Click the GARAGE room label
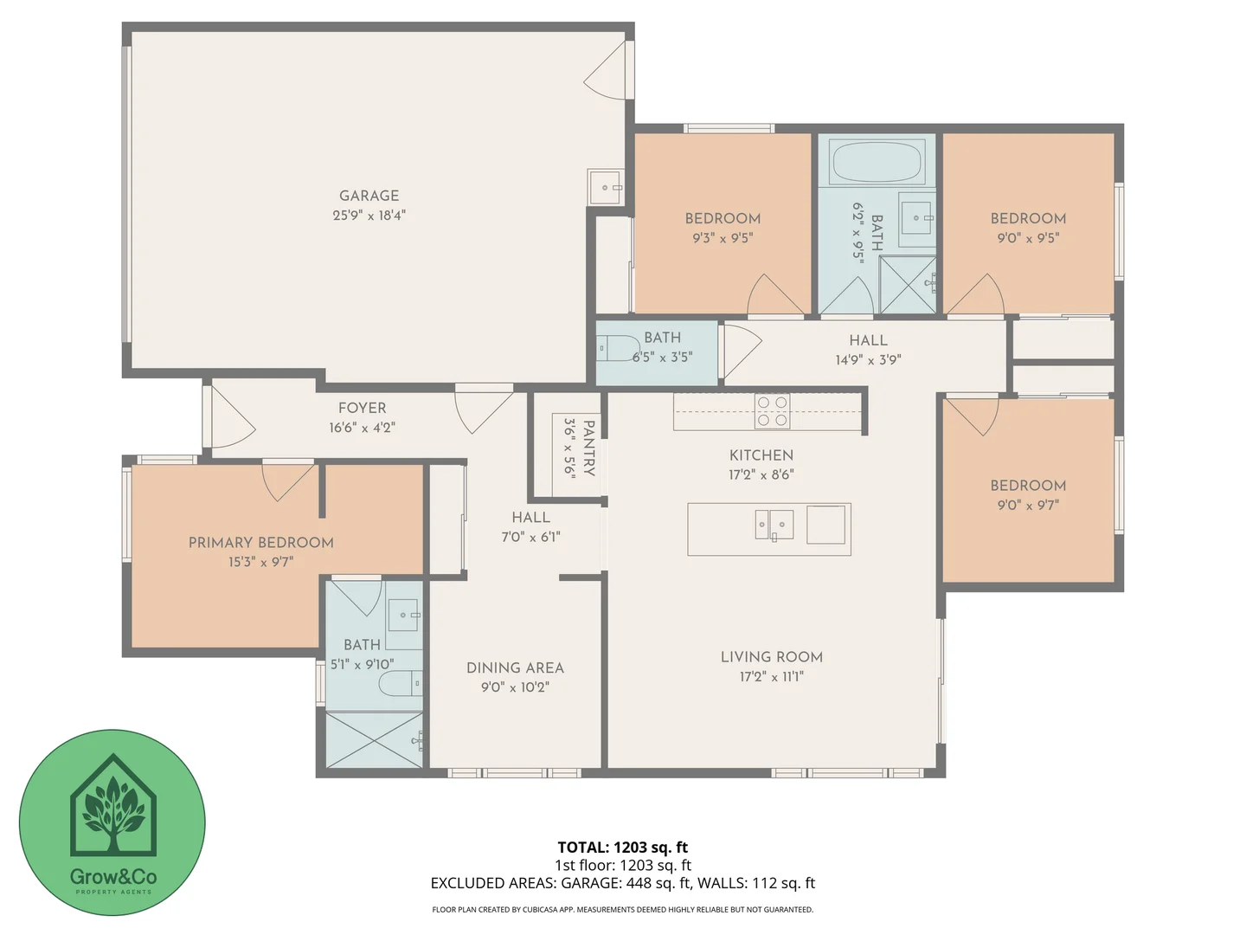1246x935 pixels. [369, 196]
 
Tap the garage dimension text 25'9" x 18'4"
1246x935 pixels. [369, 215]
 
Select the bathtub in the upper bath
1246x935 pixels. [877, 162]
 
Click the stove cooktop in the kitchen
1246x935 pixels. [772, 411]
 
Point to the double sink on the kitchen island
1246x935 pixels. [774, 525]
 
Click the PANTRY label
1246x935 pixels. [588, 448]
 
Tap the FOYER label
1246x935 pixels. [362, 408]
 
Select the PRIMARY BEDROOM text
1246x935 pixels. [260, 543]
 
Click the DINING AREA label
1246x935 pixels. [515, 667]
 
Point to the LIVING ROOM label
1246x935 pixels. [771, 657]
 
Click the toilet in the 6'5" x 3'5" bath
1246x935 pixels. [616, 348]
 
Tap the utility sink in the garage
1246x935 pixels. [605, 187]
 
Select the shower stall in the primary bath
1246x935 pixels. [375, 740]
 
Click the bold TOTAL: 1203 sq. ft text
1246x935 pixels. [622, 848]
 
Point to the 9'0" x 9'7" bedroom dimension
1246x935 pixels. [1028, 505]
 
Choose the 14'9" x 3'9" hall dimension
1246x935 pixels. [867, 359]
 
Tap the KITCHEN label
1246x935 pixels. [761, 455]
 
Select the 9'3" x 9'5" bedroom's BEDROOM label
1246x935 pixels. [723, 218]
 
